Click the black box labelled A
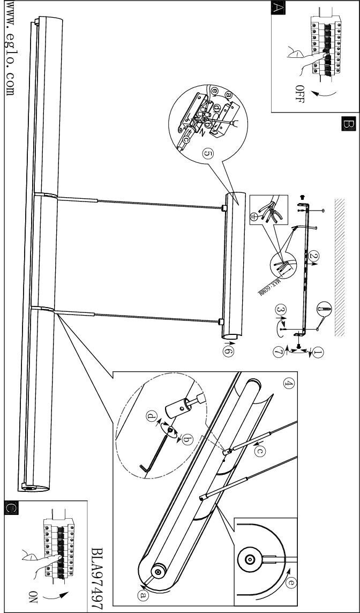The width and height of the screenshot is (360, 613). (279, 8)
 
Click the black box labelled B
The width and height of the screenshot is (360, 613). (348, 124)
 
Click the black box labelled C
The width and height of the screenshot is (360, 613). (11, 507)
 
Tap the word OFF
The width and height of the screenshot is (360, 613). (300, 93)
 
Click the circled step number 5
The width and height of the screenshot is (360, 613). (208, 154)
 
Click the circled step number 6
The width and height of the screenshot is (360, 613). (228, 350)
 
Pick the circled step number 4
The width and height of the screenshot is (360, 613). (289, 384)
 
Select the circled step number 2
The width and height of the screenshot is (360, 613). (313, 256)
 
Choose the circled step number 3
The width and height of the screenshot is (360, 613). (281, 310)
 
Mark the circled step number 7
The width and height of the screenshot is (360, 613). (278, 353)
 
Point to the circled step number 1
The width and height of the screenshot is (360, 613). (318, 353)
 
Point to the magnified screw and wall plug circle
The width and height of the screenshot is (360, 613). (324, 309)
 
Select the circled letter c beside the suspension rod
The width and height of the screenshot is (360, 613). (260, 451)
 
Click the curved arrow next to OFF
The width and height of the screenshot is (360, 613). (325, 93)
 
